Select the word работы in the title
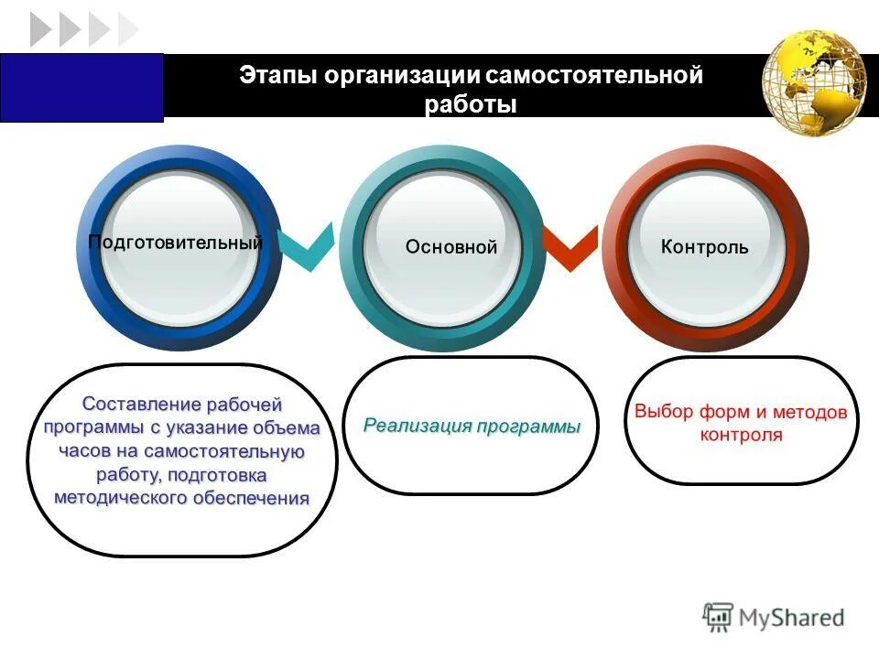(x=471, y=105)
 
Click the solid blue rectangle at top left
(x=81, y=87)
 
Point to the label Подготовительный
(x=176, y=243)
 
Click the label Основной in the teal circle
(x=451, y=247)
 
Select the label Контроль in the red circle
(x=705, y=247)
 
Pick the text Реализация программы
(x=472, y=427)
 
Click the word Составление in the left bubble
(x=142, y=404)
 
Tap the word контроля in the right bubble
(x=741, y=436)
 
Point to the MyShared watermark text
(x=791, y=618)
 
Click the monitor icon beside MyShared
(x=719, y=618)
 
